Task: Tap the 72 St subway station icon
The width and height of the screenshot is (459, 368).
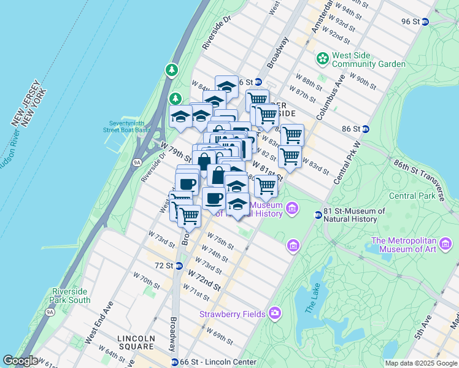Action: [179, 266]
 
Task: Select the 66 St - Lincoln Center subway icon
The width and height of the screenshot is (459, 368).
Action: [175, 362]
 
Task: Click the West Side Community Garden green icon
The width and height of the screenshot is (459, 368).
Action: [322, 58]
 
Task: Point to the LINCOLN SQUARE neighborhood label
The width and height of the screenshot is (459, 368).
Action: [136, 342]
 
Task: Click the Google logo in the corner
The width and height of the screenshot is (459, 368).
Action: [20, 361]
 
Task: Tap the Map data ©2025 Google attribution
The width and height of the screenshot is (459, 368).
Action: [421, 362]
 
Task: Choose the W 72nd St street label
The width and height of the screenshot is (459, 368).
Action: [204, 280]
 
